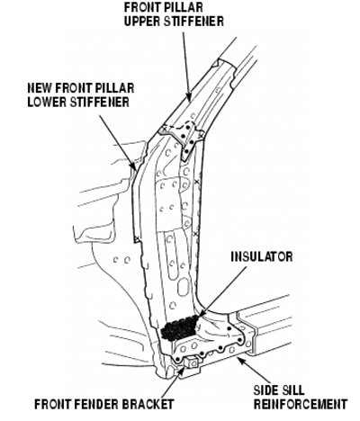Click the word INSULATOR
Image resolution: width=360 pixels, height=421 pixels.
click(x=262, y=257)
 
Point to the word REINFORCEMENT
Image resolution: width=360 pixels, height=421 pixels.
click(x=301, y=404)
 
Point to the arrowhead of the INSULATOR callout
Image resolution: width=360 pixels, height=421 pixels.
click(x=202, y=312)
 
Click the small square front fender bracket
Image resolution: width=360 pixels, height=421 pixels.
click(x=192, y=363)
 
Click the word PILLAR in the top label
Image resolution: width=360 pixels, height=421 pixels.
click(x=183, y=7)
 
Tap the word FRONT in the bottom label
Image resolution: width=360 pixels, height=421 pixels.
click(x=53, y=404)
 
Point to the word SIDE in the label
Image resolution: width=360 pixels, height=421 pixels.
click(x=266, y=390)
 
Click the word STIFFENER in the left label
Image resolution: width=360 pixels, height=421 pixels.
click(x=99, y=102)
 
